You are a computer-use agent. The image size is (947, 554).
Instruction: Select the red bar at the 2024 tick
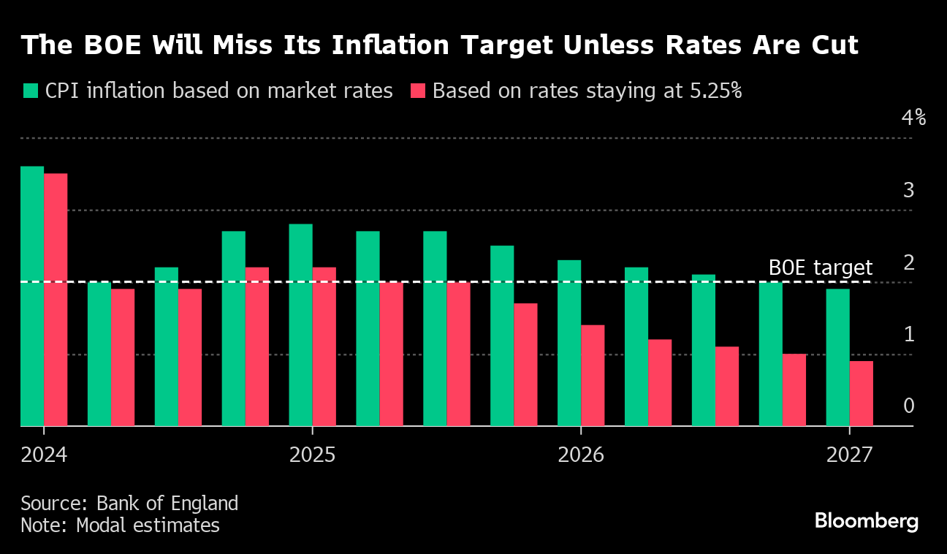tap(56, 300)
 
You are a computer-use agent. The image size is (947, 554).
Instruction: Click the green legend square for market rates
tap(30, 91)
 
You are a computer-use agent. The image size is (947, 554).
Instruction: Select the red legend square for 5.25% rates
tap(417, 91)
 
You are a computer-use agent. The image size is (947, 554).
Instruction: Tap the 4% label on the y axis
tap(913, 118)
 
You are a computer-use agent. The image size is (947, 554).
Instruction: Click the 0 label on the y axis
tap(908, 406)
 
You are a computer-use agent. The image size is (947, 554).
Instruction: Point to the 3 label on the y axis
tap(908, 190)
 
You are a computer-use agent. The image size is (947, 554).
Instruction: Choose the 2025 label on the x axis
tap(312, 455)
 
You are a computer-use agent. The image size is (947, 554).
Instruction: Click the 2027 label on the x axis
tap(849, 455)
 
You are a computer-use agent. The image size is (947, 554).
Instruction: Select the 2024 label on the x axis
tap(44, 455)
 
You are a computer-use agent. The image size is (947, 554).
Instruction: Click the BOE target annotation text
tap(820, 267)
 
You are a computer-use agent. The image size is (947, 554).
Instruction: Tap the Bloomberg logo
tap(866, 521)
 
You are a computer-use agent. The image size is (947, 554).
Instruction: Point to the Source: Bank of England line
tap(129, 504)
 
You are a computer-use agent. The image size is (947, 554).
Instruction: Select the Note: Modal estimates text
tap(120, 525)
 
